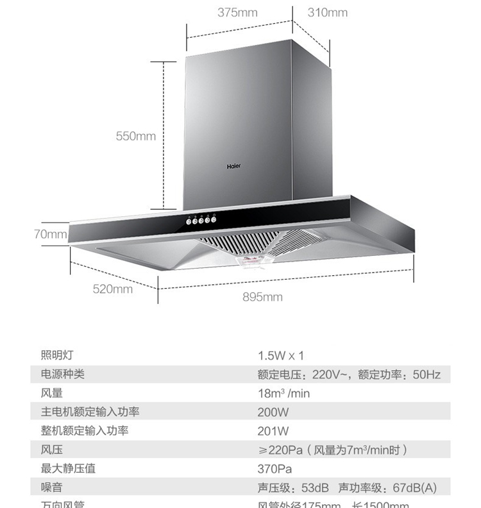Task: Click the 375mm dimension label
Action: click(237, 13)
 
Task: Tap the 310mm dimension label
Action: click(327, 13)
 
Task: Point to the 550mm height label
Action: click(136, 136)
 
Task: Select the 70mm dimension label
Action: click(51, 234)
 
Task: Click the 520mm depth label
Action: click(113, 289)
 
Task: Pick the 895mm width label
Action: click(262, 297)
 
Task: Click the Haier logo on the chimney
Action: click(233, 166)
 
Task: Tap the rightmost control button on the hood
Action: click(214, 219)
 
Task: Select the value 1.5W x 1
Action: click(281, 355)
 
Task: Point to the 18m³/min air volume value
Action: click(283, 393)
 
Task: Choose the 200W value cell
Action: click(273, 412)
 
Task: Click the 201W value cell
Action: click(273, 431)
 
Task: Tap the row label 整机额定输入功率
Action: click(85, 431)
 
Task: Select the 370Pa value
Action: click(274, 469)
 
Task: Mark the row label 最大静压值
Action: click(68, 469)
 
